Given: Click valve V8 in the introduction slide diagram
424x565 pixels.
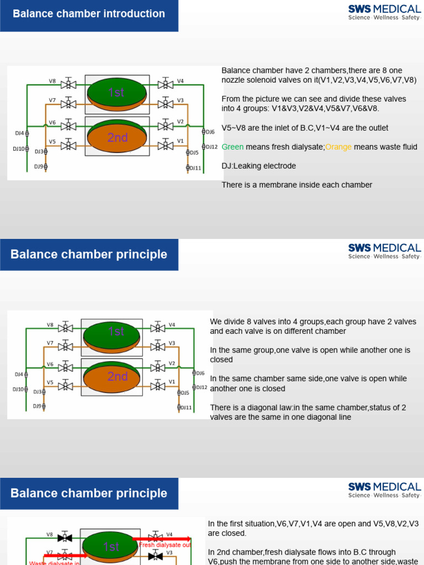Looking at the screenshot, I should click(x=69, y=84).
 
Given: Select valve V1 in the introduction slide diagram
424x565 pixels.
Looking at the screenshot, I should click(x=165, y=146).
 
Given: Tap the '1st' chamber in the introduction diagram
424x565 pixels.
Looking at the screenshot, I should click(x=116, y=93).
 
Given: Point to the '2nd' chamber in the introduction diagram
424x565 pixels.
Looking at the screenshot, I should click(x=117, y=138).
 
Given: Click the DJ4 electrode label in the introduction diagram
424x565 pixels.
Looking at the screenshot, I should click(x=19, y=133).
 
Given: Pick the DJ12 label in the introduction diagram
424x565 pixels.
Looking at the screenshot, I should click(x=211, y=147).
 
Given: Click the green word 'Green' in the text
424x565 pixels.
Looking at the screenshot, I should click(x=232, y=147).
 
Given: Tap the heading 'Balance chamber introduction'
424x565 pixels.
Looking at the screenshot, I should click(x=89, y=14).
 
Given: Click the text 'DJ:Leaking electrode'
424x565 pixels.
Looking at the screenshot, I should click(x=258, y=166).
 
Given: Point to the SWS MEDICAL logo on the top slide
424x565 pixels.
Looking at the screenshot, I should click(x=384, y=12).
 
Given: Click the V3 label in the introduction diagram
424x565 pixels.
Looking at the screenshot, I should click(x=180, y=100).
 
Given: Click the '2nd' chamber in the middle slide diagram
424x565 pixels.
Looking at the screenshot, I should click(x=117, y=377).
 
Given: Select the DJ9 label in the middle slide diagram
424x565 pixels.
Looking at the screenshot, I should click(x=37, y=406).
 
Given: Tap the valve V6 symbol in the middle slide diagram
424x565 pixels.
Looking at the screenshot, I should click(x=66, y=367).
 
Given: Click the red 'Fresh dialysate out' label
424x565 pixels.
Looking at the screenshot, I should click(x=165, y=545).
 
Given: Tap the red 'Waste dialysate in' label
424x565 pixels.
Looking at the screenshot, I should click(x=55, y=562).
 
